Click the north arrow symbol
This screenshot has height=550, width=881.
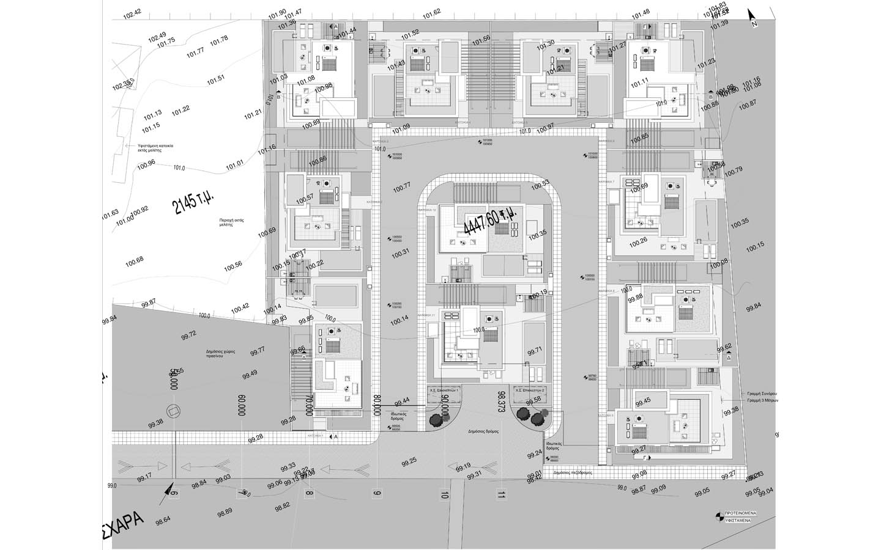coord(752,17)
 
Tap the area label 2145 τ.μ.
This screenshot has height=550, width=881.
coord(194,197)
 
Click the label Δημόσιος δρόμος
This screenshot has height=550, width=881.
coord(483,431)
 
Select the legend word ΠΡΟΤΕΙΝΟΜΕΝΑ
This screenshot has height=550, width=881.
coord(740,513)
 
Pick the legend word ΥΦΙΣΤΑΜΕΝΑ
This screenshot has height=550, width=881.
coord(740,520)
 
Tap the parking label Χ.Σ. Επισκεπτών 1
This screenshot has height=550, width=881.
coord(444,389)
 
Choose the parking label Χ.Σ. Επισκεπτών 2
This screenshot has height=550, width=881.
coord(529,389)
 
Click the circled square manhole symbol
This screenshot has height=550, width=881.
coord(173,411)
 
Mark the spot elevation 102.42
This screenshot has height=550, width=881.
coord(132,12)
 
